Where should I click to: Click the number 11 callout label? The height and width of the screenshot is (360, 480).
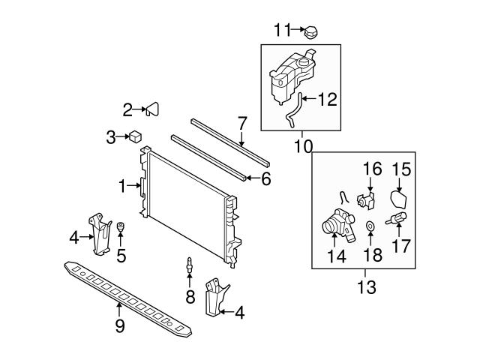[x=281, y=30]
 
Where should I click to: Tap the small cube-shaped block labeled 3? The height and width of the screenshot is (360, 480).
[x=135, y=136]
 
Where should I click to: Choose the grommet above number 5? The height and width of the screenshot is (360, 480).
[x=120, y=228]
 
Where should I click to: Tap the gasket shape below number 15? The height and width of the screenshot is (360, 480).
[x=400, y=199]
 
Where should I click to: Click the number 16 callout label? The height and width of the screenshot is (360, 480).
[x=373, y=169]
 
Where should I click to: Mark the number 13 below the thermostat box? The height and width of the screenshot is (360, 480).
[x=366, y=286]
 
